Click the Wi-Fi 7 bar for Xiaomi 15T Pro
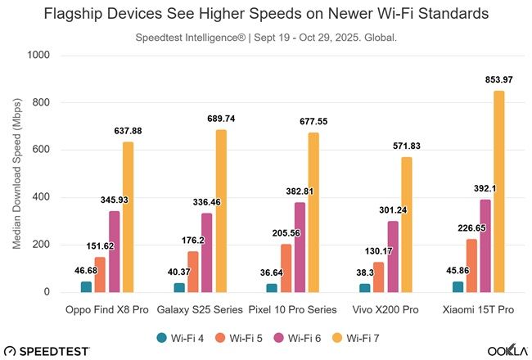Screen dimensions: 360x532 click(499, 191)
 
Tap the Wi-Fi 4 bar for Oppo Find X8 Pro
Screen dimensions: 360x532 click(86, 286)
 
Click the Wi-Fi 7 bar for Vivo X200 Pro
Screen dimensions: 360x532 click(407, 224)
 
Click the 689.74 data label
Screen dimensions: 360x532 click(219, 119)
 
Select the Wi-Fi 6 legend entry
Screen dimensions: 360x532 click(295, 336)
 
